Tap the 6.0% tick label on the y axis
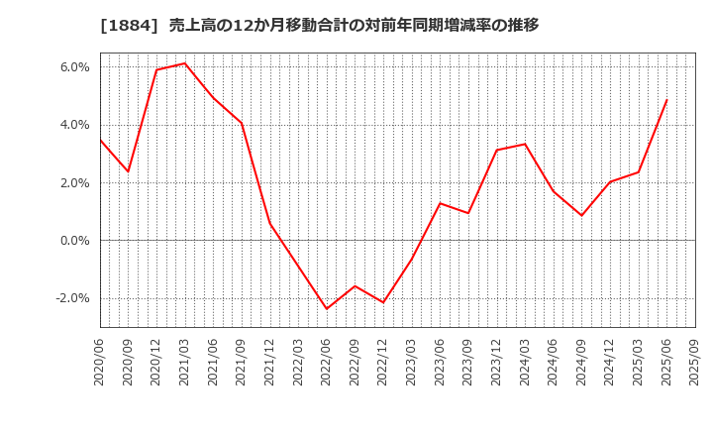pyautogui.click(x=75, y=67)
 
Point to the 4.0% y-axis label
pyautogui.click(x=75, y=125)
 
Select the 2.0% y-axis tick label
pyautogui.click(x=75, y=183)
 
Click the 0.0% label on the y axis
pyautogui.click(x=75, y=241)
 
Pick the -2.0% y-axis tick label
pyautogui.click(x=73, y=298)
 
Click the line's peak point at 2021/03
pyautogui.click(x=185, y=63)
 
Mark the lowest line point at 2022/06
pyautogui.click(x=327, y=309)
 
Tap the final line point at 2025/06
pyautogui.click(x=666, y=100)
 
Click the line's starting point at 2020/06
pyautogui.click(x=100, y=140)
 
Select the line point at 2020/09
pyautogui.click(x=128, y=171)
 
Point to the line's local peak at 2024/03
pyautogui.click(x=525, y=144)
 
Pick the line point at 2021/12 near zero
pyautogui.click(x=269, y=223)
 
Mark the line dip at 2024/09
pyautogui.click(x=582, y=215)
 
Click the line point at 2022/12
pyautogui.click(x=383, y=302)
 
